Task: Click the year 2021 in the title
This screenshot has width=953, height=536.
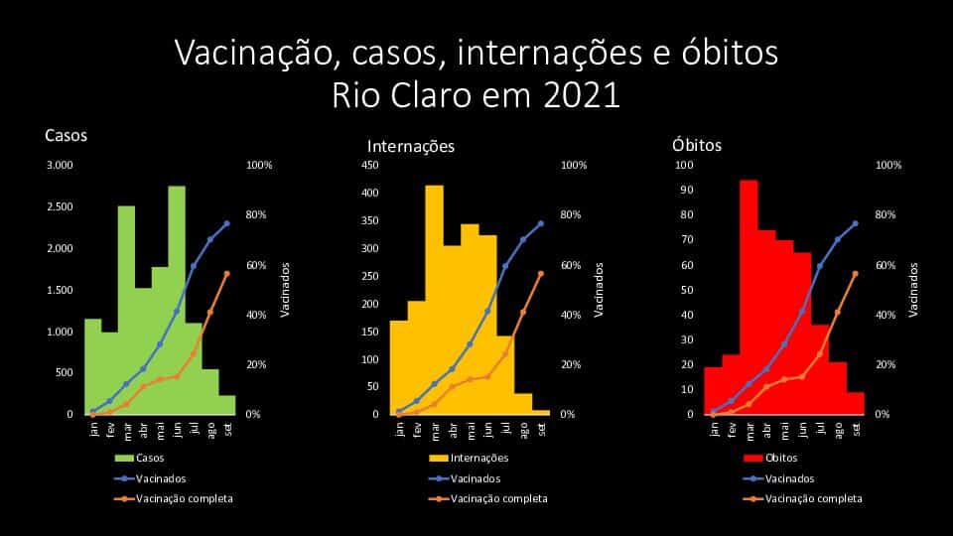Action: [582, 96]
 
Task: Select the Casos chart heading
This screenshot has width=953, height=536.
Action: [67, 136]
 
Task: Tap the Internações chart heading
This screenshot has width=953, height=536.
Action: [411, 146]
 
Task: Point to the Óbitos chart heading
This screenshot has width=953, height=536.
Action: [697, 145]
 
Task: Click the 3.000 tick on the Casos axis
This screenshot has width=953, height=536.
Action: [60, 165]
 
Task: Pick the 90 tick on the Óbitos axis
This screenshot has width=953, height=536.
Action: [684, 190]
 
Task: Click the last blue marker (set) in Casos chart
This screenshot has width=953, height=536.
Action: [226, 223]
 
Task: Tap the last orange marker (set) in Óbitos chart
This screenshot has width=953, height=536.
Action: [855, 273]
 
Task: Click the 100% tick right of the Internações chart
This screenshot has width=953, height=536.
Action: [574, 165]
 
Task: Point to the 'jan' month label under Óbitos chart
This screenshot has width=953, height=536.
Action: [713, 428]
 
